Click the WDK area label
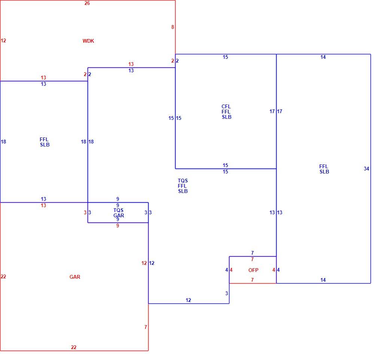(x=88, y=41)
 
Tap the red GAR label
(x=75, y=277)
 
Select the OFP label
(x=253, y=270)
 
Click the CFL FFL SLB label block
(x=226, y=112)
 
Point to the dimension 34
(x=366, y=169)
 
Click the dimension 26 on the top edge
(x=87, y=3)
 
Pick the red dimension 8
(x=173, y=27)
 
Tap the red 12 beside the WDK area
(x=3, y=40)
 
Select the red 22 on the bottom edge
(x=73, y=347)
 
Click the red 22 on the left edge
(x=3, y=276)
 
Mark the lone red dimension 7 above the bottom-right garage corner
(x=146, y=327)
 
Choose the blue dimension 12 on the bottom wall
(x=188, y=300)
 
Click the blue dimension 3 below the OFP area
(x=226, y=293)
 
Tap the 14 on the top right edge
(x=323, y=57)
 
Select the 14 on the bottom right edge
(x=323, y=280)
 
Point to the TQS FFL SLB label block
(x=183, y=186)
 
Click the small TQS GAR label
(x=119, y=213)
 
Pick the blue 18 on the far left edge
(x=3, y=142)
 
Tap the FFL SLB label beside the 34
(x=324, y=169)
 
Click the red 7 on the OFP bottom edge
(x=252, y=280)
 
